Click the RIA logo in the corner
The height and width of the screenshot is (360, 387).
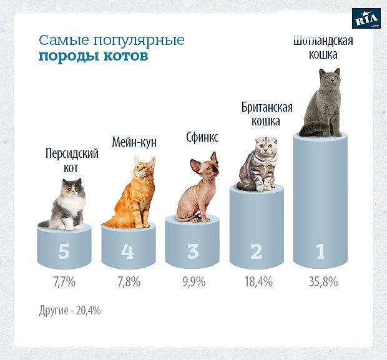coord(366,19)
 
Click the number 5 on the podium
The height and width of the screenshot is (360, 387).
coord(64,251)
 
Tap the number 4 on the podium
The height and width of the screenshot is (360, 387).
coord(127,251)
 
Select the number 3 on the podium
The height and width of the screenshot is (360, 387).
coord(193,251)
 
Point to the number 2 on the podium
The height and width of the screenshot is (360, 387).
coord(257,251)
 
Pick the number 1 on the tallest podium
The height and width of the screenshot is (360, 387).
coord(320,251)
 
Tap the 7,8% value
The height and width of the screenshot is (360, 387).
coord(128,282)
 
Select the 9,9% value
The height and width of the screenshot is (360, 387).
coord(193,282)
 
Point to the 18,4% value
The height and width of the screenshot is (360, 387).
coord(258,282)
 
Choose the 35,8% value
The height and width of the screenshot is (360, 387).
coord(322,282)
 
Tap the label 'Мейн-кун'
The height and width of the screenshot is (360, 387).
coord(134,142)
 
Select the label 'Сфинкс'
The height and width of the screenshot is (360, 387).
coord(202,137)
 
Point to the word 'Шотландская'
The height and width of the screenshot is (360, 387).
coord(323,41)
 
